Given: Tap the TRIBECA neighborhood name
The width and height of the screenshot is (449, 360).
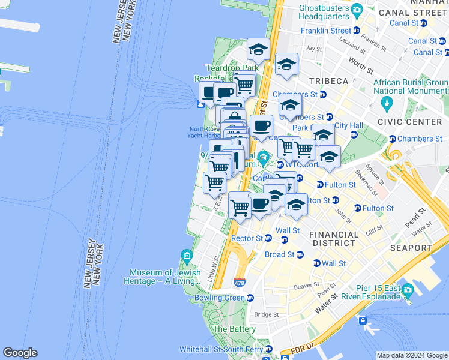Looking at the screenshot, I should coord(328,81).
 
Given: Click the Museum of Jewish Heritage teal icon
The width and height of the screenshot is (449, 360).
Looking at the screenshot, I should coord(187,257).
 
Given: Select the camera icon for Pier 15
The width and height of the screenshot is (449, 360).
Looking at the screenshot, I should coord(408,290).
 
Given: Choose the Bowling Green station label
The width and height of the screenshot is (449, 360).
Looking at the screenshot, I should coord(220,298).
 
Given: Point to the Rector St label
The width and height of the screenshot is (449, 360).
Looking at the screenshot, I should coord(247,238).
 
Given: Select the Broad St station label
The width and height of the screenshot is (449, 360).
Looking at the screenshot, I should coord(283,254).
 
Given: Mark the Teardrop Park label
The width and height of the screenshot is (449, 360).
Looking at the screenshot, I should coord(232,68).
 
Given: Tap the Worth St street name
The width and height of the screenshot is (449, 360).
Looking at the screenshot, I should coord(360,62).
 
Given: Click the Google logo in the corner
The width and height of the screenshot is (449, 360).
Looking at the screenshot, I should coord(20,353).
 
